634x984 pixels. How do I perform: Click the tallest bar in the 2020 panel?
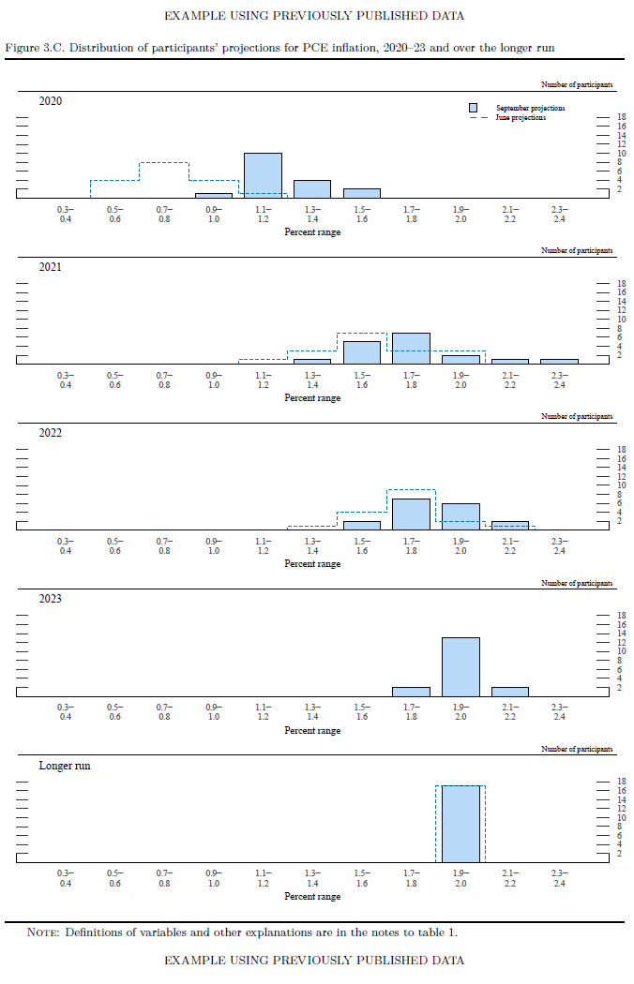263,175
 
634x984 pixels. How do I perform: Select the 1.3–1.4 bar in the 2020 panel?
312,189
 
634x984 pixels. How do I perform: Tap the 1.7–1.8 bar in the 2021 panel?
411,349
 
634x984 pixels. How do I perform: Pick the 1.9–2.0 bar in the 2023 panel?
460,666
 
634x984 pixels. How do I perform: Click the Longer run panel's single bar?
460,824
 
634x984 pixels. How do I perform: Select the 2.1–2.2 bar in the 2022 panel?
509,526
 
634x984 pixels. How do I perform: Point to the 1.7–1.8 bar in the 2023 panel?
411,691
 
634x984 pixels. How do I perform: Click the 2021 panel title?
50,267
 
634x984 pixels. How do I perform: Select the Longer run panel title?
65,766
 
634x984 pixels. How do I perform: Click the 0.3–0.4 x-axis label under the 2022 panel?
66,546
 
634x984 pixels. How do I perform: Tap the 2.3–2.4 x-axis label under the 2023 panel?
559,711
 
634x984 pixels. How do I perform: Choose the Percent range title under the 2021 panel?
312,398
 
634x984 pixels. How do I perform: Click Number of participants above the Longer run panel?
577,749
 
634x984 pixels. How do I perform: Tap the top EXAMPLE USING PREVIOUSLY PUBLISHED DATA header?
313,16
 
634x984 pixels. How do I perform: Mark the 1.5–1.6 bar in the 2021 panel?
362,352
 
